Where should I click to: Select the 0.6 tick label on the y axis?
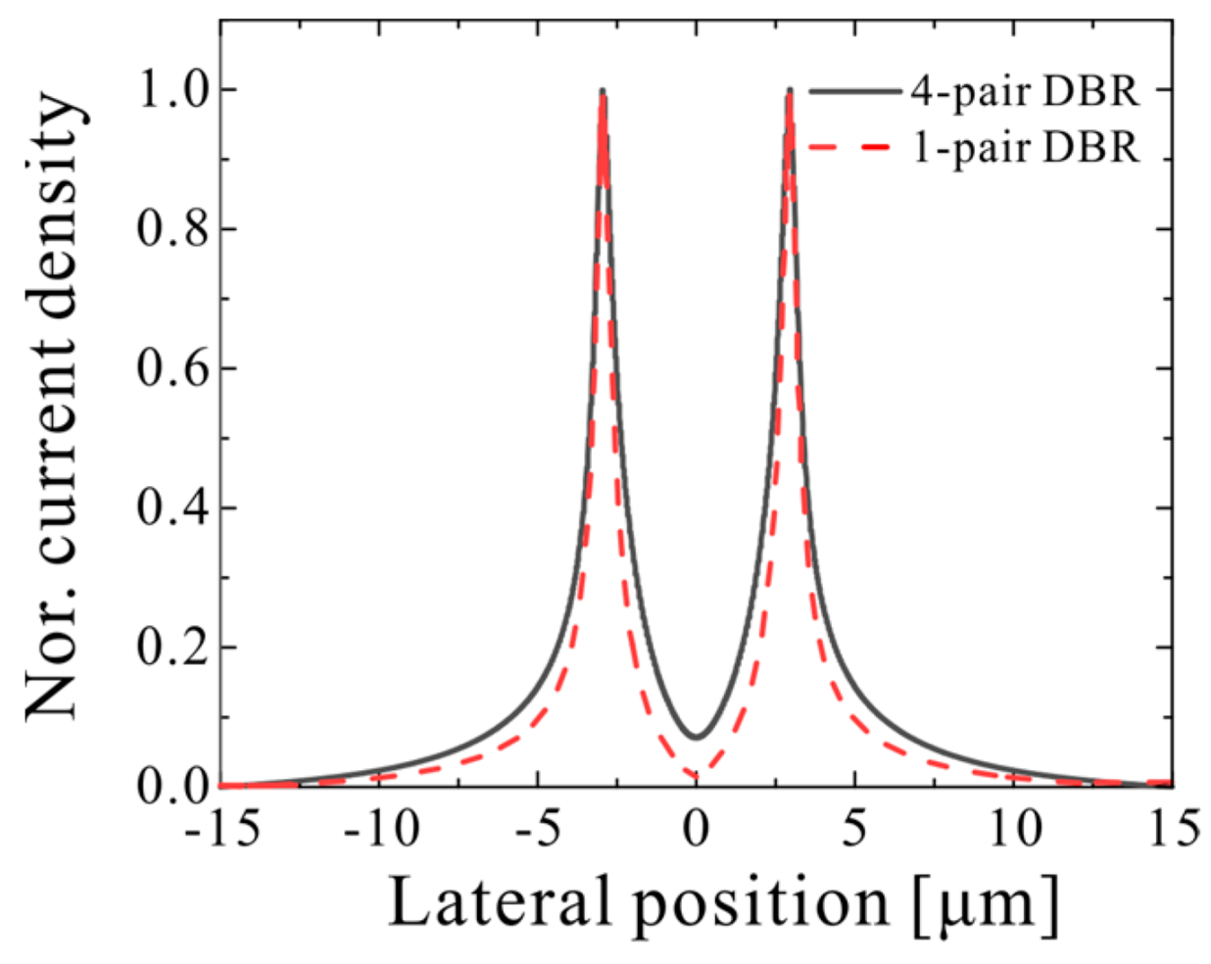(170, 369)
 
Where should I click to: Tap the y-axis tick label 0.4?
(170, 508)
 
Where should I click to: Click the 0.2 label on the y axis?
(170, 649)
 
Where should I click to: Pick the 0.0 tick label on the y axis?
(170, 787)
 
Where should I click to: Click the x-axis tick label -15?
(222, 831)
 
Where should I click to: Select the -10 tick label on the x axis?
(381, 831)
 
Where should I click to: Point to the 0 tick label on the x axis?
(696, 831)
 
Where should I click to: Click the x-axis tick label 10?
(1015, 831)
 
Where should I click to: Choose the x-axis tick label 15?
(1172, 831)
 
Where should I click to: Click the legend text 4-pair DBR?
(1025, 91)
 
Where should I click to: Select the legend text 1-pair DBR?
(1025, 148)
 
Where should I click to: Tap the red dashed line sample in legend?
(850, 148)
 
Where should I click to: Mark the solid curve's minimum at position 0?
(696, 737)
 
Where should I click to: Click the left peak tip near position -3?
(603, 91)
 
